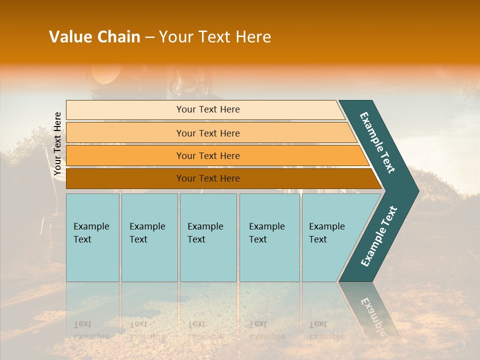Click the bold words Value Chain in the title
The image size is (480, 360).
(x=94, y=37)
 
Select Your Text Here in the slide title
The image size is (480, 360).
(x=215, y=37)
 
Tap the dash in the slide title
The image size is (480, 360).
(x=149, y=37)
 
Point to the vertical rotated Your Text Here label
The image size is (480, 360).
(x=57, y=143)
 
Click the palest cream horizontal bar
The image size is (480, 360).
(x=208, y=109)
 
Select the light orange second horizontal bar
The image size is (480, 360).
(x=208, y=133)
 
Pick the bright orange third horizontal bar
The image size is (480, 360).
(x=208, y=155)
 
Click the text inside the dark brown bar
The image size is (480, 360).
(x=208, y=178)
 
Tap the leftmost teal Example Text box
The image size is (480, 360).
(x=92, y=237)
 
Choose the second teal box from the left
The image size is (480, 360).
(x=149, y=237)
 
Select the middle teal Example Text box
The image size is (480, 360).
(x=208, y=237)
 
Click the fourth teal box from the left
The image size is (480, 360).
(x=269, y=237)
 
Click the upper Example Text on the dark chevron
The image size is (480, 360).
(x=377, y=142)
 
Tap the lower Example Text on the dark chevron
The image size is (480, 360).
(x=378, y=236)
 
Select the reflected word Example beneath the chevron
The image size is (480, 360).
(x=372, y=312)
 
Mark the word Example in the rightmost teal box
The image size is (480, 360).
(x=326, y=226)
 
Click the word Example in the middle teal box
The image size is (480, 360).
(x=205, y=226)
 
